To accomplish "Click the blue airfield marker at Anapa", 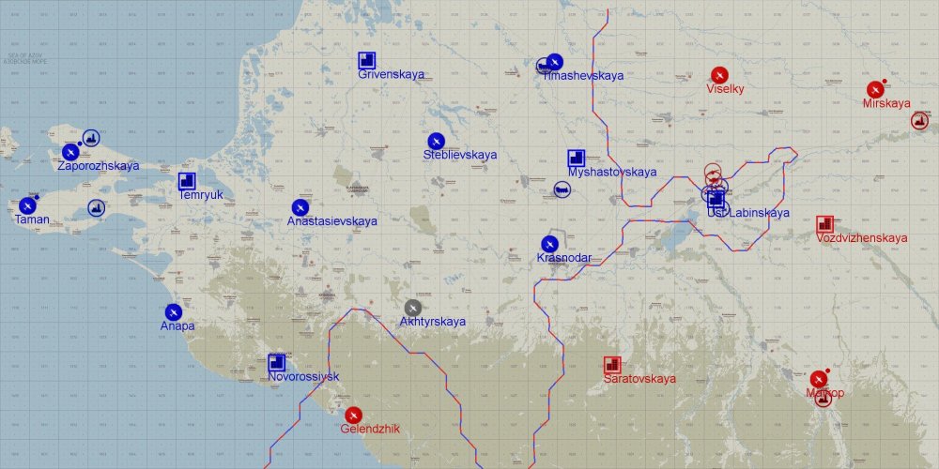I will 173,311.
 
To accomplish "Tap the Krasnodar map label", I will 563,258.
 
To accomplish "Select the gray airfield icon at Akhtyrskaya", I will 413,307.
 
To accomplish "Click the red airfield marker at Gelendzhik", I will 353,415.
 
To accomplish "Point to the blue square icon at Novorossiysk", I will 276,362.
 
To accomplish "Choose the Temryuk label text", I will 202,195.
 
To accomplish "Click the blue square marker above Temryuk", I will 187,181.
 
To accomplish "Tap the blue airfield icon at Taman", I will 27,205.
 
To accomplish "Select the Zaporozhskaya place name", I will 98,166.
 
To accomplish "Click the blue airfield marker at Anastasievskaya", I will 300,207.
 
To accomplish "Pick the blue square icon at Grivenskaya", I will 367,61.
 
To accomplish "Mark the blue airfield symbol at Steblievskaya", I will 436,141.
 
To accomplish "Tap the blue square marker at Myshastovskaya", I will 576,159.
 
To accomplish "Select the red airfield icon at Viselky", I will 719,74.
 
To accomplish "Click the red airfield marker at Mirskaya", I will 875,89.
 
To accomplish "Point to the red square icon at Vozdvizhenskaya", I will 824,224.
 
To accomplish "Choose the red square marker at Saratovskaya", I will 612,365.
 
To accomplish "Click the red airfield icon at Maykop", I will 818,379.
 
